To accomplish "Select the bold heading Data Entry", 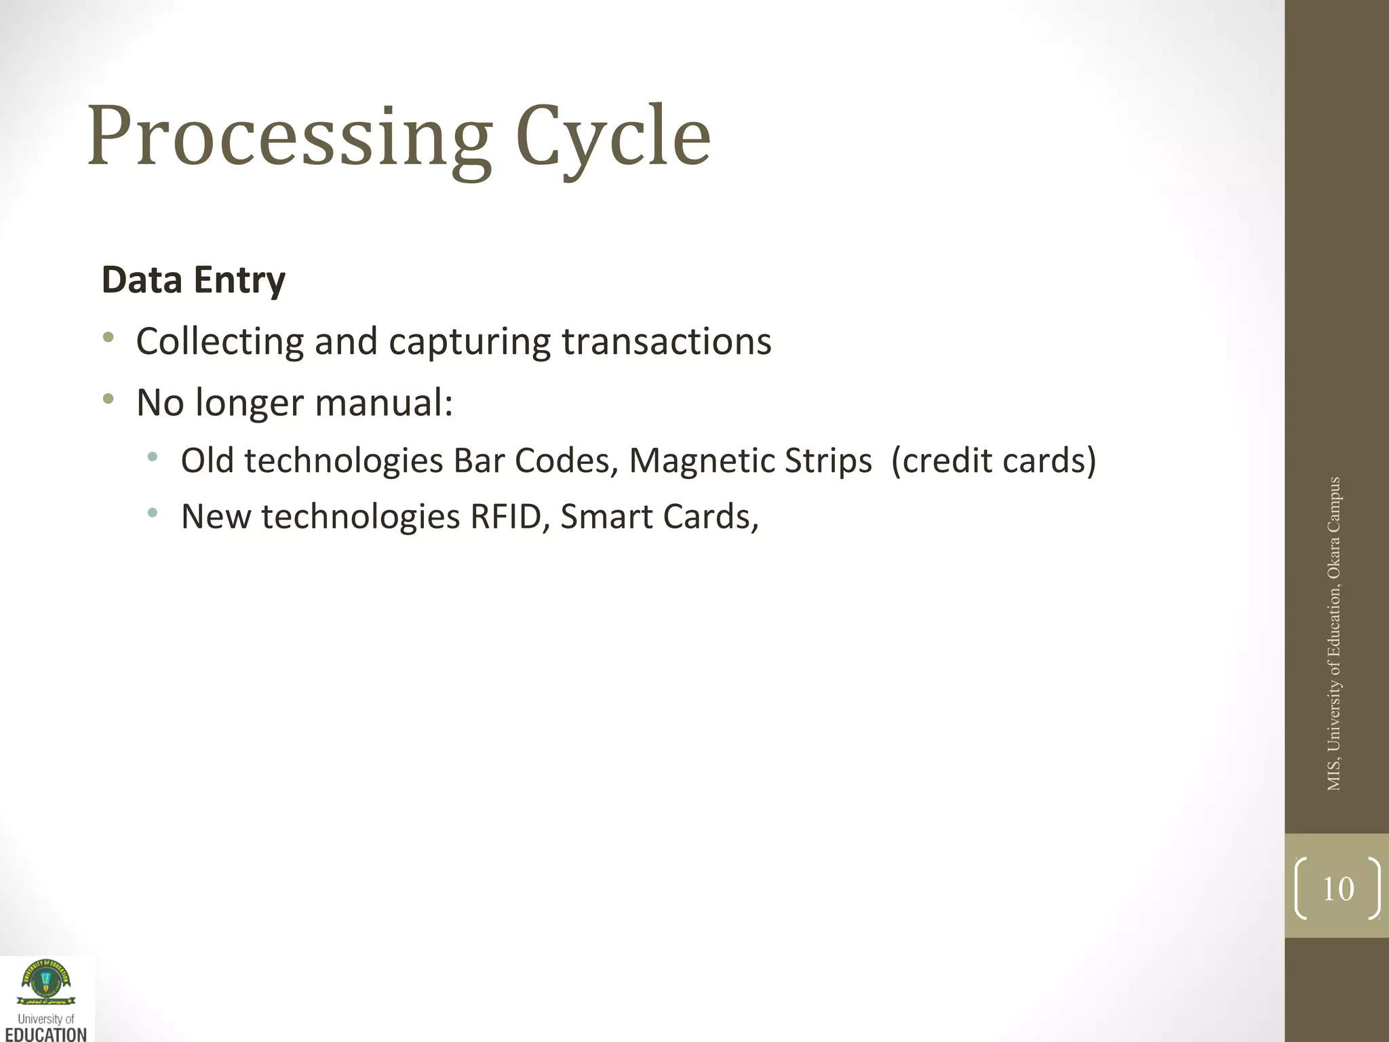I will (x=193, y=280).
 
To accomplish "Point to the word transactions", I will (x=667, y=341).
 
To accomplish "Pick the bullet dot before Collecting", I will (x=109, y=337).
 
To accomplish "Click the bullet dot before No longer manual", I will (x=109, y=398).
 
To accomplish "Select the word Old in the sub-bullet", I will (x=207, y=461).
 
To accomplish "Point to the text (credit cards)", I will (x=993, y=461).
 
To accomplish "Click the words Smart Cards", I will (x=658, y=517).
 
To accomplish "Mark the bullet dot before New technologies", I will (x=153, y=513).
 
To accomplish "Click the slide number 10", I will (x=1337, y=889).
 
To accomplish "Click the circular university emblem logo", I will (x=45, y=980).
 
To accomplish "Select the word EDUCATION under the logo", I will (x=46, y=1034).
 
